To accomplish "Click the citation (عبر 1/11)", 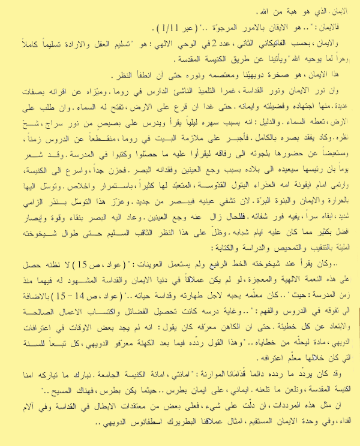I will point(157,28).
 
